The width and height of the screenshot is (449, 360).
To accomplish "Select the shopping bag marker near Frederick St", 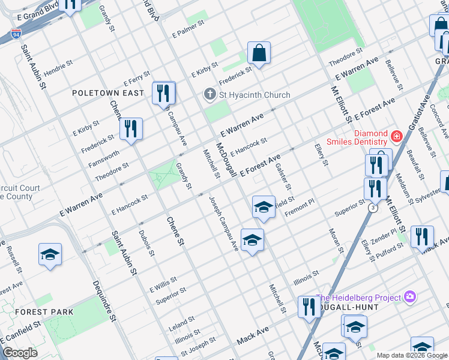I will pos(259,53).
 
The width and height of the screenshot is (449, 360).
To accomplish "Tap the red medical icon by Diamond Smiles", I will pos(396,137).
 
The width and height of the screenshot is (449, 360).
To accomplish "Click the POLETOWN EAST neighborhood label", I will pos(108,93).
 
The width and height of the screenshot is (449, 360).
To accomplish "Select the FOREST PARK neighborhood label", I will pos(44,312).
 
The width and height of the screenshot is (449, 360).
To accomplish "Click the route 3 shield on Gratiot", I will pos(373,208).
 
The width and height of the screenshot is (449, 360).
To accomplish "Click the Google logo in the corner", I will pos(20,353).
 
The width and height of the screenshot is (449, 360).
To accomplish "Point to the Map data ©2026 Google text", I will pos(412,355).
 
